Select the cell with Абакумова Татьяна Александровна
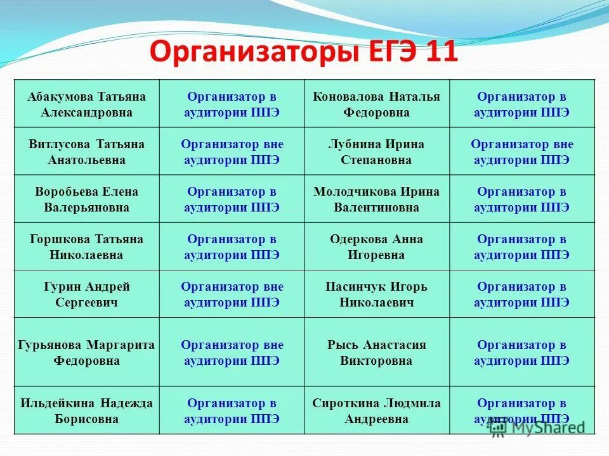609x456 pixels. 86,104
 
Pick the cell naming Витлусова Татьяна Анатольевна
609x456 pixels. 86,152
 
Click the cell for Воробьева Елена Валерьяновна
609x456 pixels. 86,199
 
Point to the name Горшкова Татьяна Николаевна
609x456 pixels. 86,247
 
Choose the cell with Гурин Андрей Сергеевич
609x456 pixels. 86,294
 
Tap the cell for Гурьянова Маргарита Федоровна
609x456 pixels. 86,353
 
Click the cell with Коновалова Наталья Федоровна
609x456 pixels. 376,104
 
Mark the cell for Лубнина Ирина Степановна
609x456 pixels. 376,152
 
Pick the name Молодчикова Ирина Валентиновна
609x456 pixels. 376,199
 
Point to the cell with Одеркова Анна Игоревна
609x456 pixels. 376,247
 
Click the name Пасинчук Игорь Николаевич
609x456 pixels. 376,294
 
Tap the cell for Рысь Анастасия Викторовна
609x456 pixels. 376,353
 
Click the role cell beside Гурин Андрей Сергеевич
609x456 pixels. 232,294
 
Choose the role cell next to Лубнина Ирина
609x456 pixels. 521,152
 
